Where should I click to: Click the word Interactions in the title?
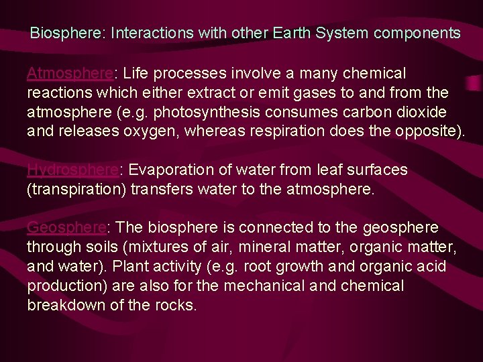(x=150, y=32)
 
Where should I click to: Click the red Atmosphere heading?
(x=69, y=72)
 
